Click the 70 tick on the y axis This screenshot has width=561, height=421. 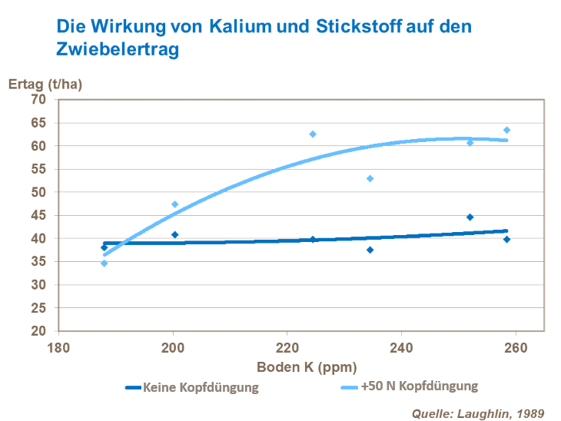pos(38,100)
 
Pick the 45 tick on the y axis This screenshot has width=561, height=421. pos(38,216)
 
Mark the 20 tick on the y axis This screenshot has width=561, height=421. pos(38,331)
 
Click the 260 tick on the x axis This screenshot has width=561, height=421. pos(516,346)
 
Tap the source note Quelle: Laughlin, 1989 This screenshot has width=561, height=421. pos(477,413)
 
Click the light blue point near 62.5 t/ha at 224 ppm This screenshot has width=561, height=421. pos(313,134)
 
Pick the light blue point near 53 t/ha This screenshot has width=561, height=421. pos(370,178)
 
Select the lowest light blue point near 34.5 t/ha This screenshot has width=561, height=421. pos(105,264)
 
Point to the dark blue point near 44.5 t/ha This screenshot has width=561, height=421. pos(470,217)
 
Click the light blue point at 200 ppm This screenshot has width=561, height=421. pos(175,204)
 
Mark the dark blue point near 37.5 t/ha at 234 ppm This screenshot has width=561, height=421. pos(370,250)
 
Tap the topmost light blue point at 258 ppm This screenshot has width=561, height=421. pos(506,130)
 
